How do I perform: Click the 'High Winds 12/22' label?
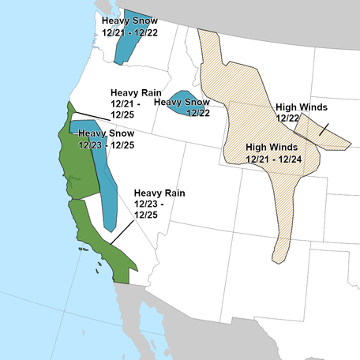pyautogui.click(x=301, y=111)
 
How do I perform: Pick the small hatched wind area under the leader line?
pyautogui.click(x=332, y=135)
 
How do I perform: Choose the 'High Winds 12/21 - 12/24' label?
pyautogui.click(x=272, y=152)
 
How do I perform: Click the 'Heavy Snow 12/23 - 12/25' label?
pyautogui.click(x=106, y=140)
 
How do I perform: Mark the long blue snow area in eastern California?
pyautogui.click(x=106, y=182)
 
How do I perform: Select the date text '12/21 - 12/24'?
pyautogui.click(x=273, y=159)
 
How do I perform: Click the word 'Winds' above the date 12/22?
pyautogui.click(x=313, y=106)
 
